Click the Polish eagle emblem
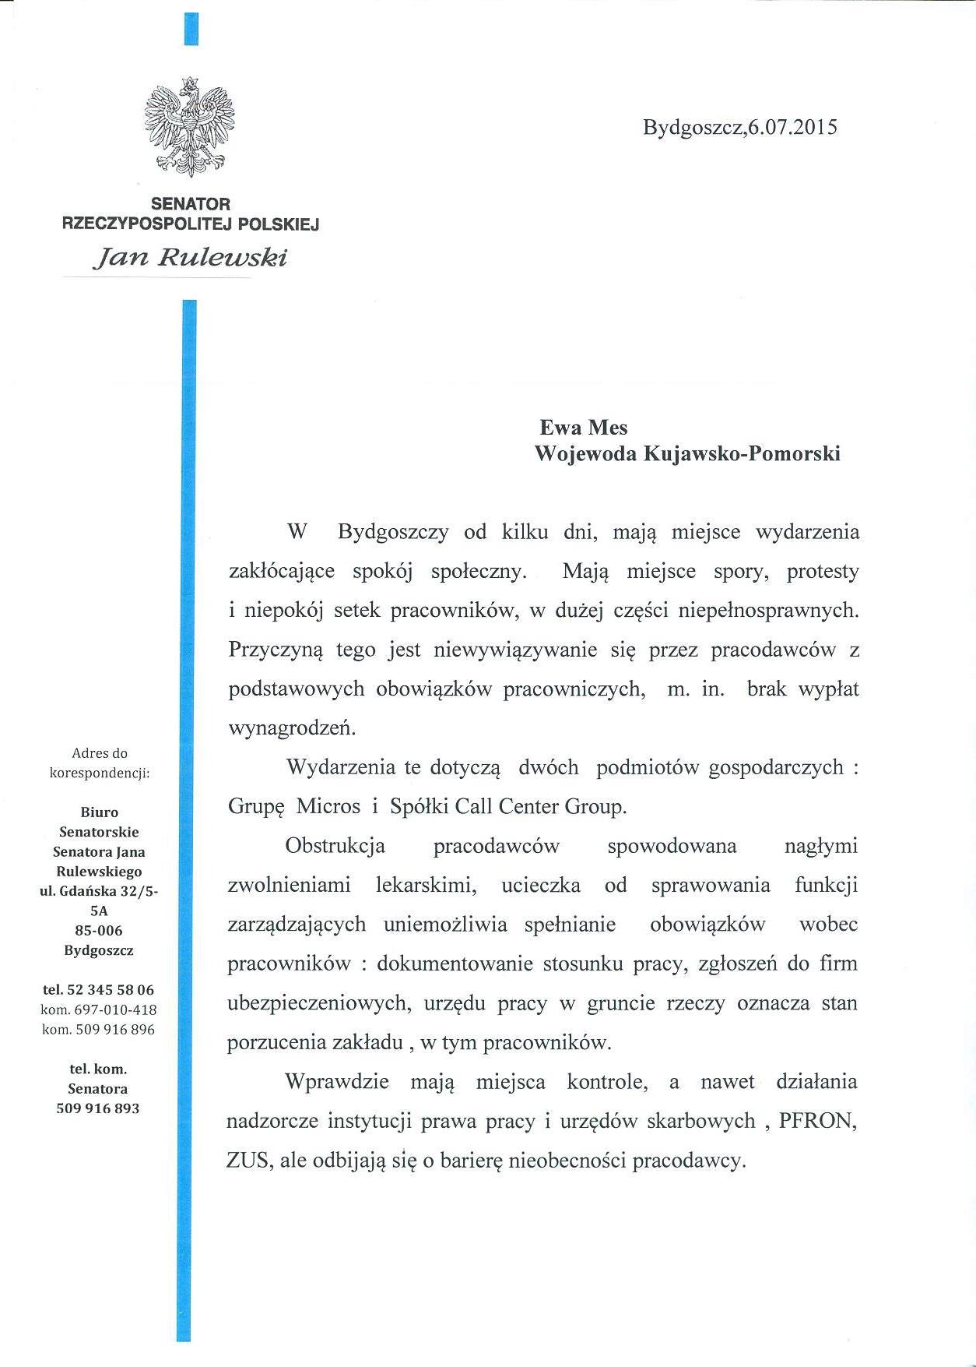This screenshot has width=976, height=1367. [x=189, y=127]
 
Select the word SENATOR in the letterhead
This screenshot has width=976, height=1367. [x=191, y=204]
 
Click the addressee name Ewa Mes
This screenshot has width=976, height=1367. [x=583, y=427]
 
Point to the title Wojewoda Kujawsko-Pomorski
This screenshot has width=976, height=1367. [x=687, y=453]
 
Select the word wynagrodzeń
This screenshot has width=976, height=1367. [x=292, y=728]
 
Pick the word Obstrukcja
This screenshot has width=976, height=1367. [x=335, y=846]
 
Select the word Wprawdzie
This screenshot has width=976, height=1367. [x=338, y=1082]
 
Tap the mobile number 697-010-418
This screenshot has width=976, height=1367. [x=115, y=1010]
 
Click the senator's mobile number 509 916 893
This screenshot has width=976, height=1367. [x=98, y=1108]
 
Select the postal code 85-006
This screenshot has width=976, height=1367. [x=99, y=931]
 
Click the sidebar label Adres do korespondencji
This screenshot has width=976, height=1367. [x=99, y=763]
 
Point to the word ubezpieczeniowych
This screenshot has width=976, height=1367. [x=318, y=1003]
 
